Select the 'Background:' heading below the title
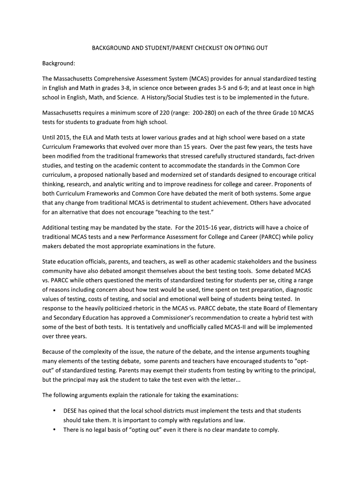click(x=59, y=63)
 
